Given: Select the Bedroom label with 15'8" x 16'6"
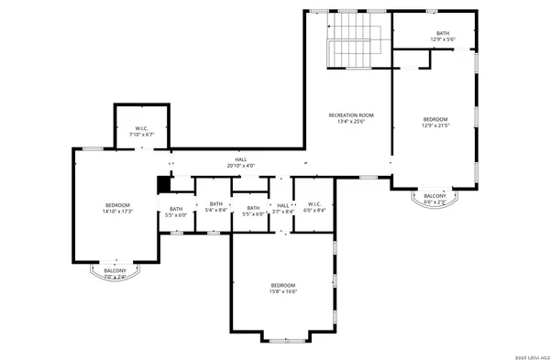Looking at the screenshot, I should (283, 288).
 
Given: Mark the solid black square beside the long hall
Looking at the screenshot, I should (164, 184).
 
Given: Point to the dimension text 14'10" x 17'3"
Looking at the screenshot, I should (117, 212).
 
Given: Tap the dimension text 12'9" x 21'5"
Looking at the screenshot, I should (435, 125).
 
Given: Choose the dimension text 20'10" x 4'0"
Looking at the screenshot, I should (240, 166).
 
